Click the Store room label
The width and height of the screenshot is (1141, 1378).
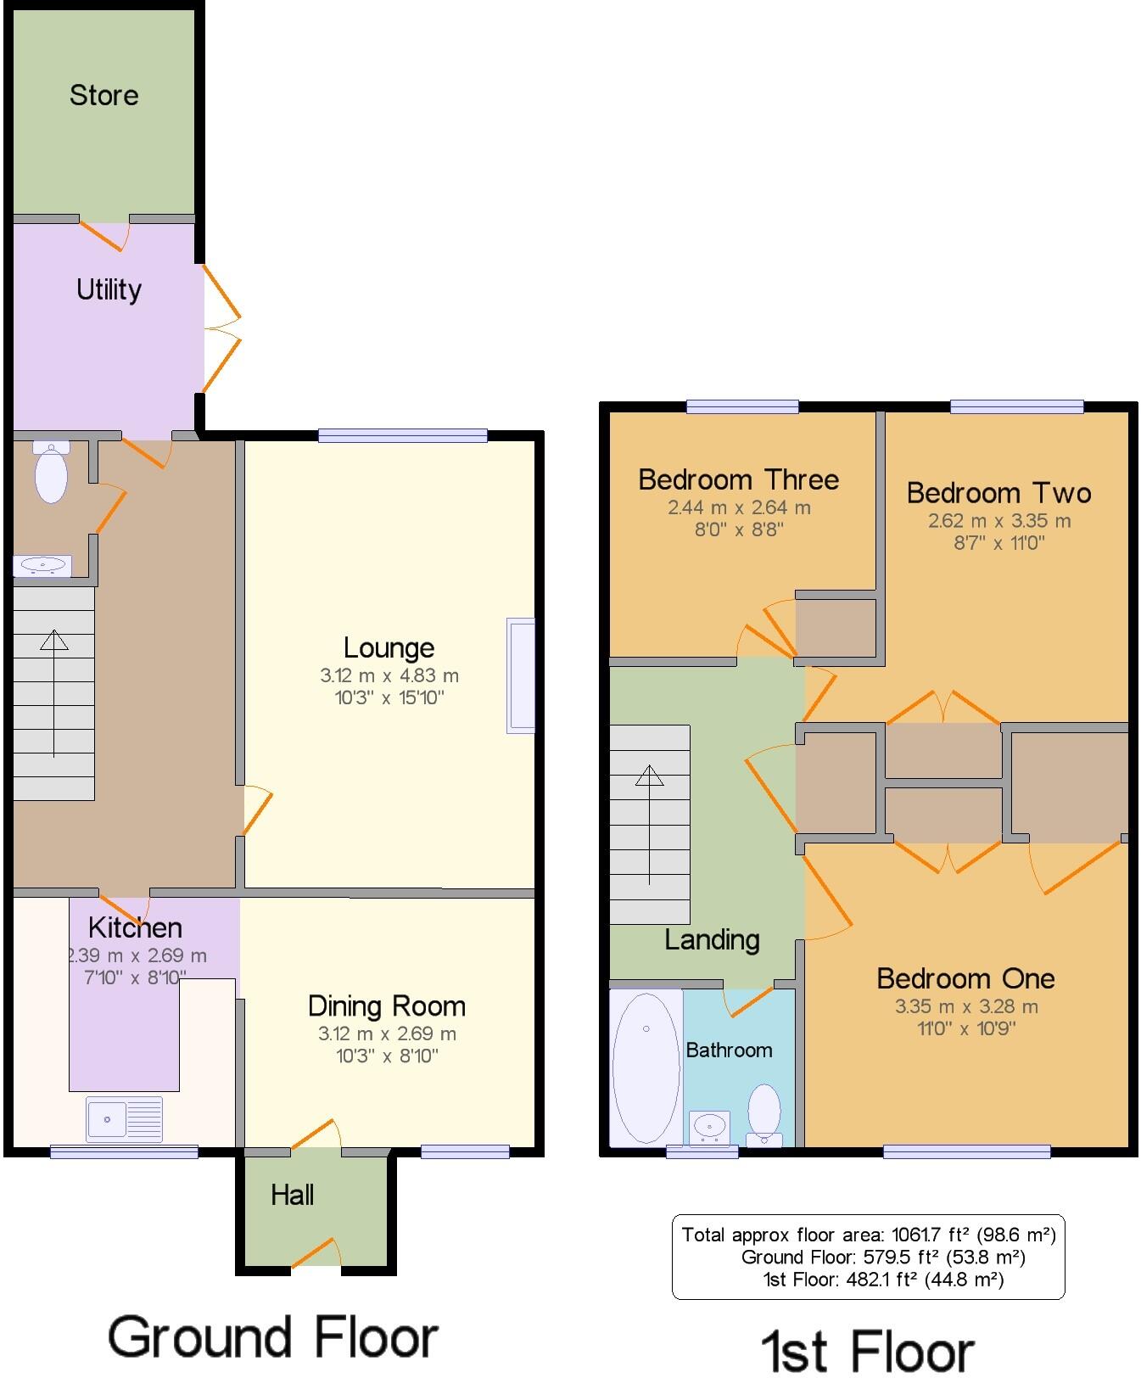point(103,95)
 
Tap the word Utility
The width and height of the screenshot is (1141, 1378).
point(109,290)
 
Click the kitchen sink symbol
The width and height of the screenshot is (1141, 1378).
point(124,1119)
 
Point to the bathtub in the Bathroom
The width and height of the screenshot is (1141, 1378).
point(646,1067)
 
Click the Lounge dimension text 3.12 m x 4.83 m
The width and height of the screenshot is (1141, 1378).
point(389,676)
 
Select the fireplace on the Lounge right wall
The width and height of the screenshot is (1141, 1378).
point(520,675)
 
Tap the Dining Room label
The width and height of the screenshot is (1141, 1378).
point(386,1006)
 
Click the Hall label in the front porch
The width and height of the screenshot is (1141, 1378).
point(292,1196)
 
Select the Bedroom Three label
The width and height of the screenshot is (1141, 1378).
point(738,480)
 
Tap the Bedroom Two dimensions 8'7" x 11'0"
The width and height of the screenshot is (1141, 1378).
point(999,543)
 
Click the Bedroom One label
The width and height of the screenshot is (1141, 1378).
point(965,979)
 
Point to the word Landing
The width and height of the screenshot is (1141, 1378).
point(712,940)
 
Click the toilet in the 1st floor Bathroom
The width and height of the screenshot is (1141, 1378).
point(764,1112)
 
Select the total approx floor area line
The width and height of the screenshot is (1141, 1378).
point(868,1235)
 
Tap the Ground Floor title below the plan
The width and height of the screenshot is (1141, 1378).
point(272,1338)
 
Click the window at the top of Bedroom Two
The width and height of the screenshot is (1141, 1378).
point(1016,407)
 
